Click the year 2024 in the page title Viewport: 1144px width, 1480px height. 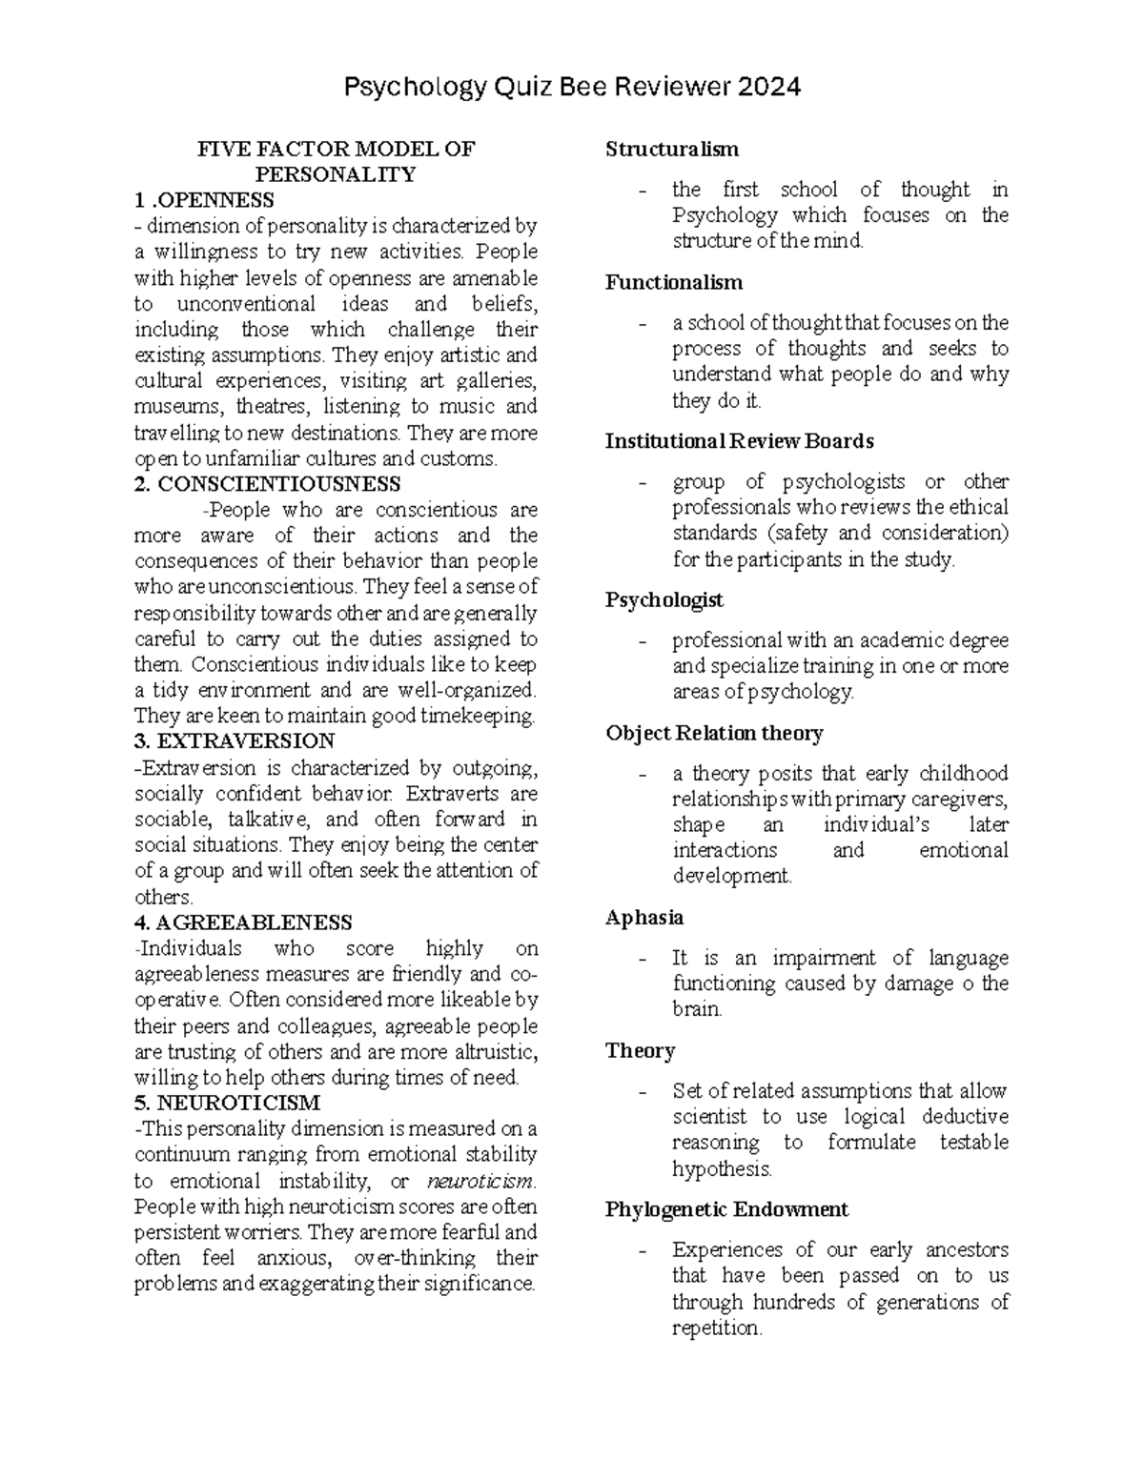pos(767,88)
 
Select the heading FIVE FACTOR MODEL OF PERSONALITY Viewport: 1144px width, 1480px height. pos(335,161)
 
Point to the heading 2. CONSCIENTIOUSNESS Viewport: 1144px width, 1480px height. pos(268,484)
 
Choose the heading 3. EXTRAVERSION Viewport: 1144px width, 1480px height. pos(235,741)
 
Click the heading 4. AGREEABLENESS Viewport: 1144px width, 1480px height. pos(243,922)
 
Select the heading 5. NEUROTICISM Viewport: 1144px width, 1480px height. pos(227,1103)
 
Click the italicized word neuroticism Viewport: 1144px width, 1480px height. pos(480,1182)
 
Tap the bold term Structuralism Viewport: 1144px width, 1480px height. pos(672,149)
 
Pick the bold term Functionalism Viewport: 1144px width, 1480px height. pos(674,282)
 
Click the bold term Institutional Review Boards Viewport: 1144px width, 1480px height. pos(740,441)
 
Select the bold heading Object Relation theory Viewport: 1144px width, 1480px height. pos(714,733)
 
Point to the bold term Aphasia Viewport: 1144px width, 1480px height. pos(644,918)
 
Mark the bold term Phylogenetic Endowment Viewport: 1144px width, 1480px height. pos(726,1209)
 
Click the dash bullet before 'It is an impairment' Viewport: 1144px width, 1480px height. pos(643,959)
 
